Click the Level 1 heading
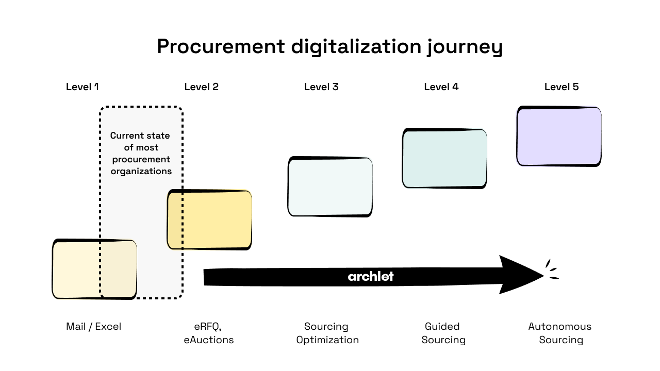pos(82,87)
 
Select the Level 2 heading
pos(201,87)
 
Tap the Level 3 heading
pos(321,87)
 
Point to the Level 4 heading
pos(441,87)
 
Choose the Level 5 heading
pos(562,87)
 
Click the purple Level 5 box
pos(559,137)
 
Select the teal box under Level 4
pos(444,159)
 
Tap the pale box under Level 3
pos(330,187)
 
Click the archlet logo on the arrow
pos(370,277)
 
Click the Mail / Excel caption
pos(93,327)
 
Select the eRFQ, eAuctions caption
pos(208,333)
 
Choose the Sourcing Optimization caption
pos(327,333)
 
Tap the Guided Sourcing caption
pos(443,333)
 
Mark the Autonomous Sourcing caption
pos(560,333)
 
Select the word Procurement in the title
pos(220,46)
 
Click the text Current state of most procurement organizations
pos(141,154)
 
